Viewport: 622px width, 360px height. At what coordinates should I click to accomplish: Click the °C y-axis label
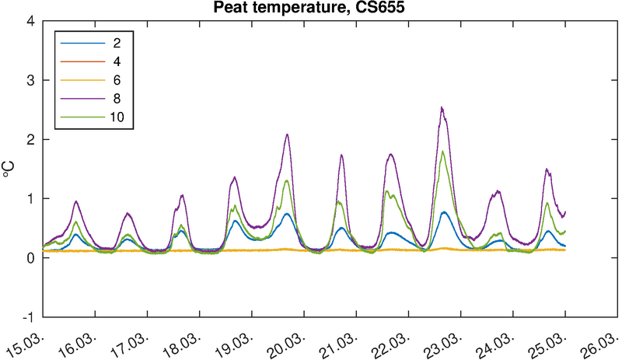point(11,169)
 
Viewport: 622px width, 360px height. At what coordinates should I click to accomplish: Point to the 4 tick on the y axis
point(31,21)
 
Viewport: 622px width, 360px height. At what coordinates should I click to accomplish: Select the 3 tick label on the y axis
point(31,80)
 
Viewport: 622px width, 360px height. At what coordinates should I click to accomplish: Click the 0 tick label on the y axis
point(31,258)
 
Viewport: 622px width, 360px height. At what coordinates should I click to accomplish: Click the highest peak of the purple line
point(442,107)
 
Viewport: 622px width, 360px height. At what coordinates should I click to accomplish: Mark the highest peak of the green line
point(442,152)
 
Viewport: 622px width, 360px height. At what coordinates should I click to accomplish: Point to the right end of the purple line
point(565,211)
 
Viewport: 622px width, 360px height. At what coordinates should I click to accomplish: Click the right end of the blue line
point(565,246)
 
